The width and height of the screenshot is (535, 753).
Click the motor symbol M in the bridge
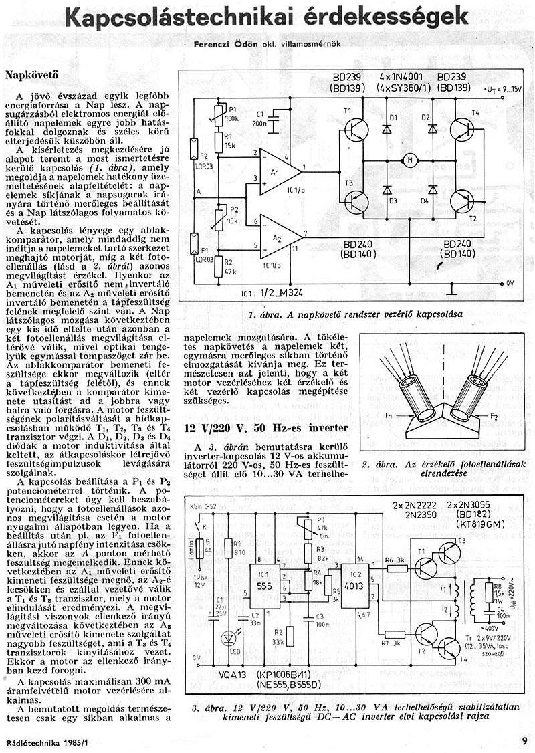point(407,160)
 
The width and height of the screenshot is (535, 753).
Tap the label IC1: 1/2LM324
point(267,292)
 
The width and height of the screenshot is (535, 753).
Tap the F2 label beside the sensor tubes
point(494,417)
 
